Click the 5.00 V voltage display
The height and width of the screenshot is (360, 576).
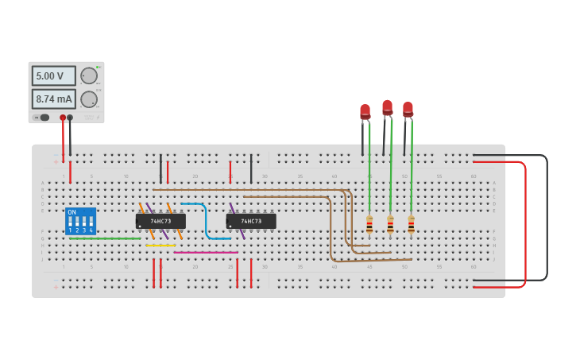53,76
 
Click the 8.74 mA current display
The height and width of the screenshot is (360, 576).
53,99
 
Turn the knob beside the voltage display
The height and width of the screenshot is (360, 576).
88,76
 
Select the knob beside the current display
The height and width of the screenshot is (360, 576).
88,99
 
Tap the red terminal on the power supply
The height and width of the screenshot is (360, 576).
63,118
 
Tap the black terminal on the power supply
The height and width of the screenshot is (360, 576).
70,118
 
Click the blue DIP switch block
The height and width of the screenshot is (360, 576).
80,222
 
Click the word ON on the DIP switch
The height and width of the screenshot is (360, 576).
72,212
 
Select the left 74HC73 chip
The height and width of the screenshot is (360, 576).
160,221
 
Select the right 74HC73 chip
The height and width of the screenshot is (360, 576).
251,221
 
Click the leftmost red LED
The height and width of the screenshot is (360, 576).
365,112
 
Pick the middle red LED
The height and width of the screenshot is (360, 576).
387,107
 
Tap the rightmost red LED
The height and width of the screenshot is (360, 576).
408,109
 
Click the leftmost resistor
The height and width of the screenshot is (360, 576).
369,225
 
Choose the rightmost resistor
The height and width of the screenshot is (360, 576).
411,225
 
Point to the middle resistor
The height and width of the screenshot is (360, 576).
390,225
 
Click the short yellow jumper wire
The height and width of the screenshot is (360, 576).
160,246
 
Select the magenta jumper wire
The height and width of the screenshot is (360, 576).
205,253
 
